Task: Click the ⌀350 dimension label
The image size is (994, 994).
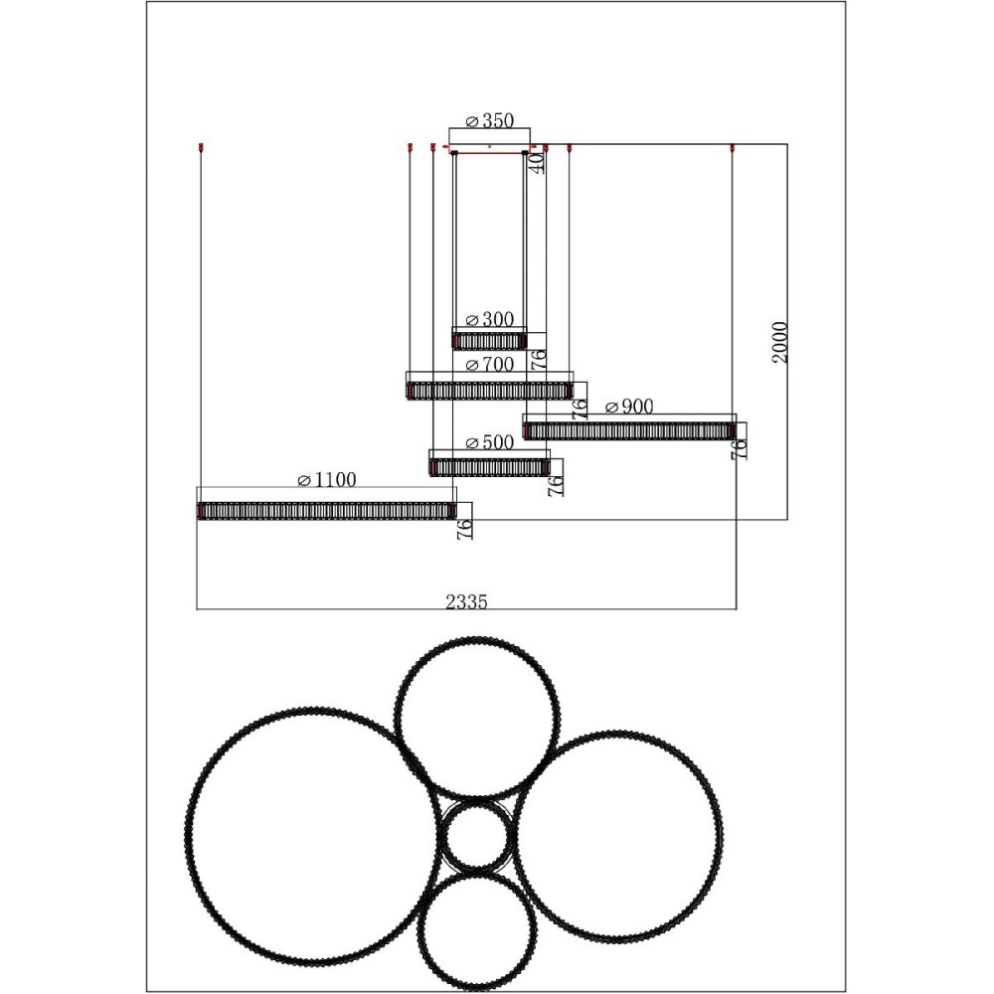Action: [x=489, y=120]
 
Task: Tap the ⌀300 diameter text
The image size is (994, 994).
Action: [x=489, y=319]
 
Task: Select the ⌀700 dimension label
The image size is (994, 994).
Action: [x=489, y=365]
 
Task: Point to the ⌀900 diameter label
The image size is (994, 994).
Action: [x=629, y=407]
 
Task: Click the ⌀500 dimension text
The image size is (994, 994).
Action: [x=489, y=442]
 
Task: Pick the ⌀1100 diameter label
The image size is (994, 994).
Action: [x=326, y=480]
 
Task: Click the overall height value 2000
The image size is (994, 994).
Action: [x=779, y=342]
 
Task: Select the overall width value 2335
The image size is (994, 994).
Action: [x=466, y=601]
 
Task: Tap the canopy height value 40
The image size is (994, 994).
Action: [x=537, y=163]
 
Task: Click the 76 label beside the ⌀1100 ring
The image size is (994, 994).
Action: [x=464, y=529]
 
